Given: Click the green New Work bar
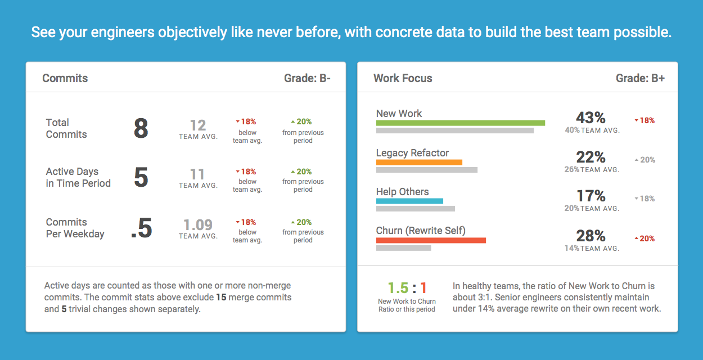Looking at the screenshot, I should coord(460,123).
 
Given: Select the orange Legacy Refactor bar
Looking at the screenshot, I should coord(419,162).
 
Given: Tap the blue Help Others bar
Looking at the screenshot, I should coord(409,201).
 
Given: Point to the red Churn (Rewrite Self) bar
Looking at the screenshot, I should coord(431,240).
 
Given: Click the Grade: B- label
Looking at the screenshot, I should coord(307,78).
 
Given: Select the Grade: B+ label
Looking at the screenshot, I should coord(640,78).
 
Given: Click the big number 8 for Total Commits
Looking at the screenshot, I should coord(141,129).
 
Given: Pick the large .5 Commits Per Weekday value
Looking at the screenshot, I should coord(141,228).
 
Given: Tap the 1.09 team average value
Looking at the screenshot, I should coord(198,225).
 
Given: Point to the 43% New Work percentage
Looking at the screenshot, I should coord(591,118).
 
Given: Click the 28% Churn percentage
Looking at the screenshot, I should coord(591,236).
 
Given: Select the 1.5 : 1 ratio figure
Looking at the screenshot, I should coord(407,289).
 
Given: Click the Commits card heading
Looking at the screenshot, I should coord(65,78).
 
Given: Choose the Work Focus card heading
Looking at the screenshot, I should coord(403,78).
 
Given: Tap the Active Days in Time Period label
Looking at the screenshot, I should coord(78,177).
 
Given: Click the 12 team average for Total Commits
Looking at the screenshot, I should coord(198,125).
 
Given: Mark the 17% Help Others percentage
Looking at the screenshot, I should coord(591,196).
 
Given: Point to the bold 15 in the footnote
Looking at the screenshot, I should coord(221,297).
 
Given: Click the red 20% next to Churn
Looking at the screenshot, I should coord(647,238).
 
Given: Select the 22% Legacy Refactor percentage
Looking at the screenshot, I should coord(591,157).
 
